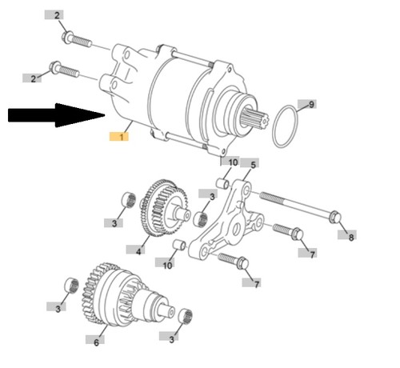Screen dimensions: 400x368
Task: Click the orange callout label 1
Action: point(119,136)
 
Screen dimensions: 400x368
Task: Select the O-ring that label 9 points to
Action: point(285,126)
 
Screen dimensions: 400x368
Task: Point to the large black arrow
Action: point(57,115)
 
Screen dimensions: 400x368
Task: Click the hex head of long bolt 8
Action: point(335,217)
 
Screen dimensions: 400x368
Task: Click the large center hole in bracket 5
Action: point(235,229)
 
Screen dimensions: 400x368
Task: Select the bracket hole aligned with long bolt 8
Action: point(246,190)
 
